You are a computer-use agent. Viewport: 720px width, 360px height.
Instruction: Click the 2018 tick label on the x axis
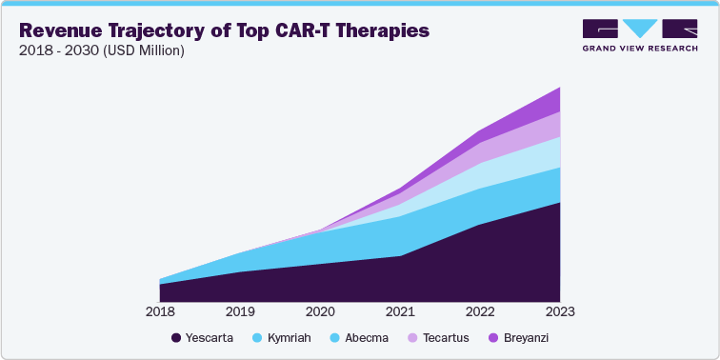159,311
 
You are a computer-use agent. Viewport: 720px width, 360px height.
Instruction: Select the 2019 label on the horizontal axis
239,311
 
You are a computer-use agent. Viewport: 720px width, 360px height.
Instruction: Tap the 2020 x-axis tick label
319,311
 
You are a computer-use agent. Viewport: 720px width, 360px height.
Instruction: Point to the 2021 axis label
399,311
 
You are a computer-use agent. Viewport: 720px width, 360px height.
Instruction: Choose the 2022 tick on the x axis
479,311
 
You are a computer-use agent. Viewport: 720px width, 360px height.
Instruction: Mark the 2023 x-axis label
559,311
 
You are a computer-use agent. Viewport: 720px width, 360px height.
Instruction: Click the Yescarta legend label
210,338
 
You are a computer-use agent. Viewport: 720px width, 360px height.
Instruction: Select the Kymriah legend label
289,338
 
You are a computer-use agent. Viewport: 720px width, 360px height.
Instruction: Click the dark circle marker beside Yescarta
176,338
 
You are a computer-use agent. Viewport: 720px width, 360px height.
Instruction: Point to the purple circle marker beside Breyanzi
492,338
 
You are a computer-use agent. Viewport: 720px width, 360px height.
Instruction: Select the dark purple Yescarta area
429,271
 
